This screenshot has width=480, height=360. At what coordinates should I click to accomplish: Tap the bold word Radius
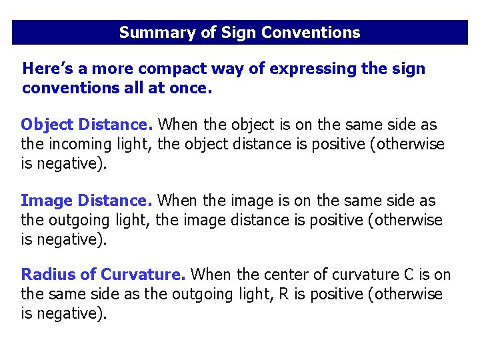tap(45, 274)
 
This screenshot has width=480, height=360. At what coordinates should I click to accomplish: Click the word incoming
tap(77, 144)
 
